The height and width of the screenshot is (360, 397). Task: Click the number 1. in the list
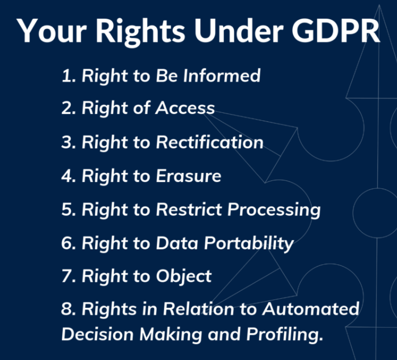click(x=69, y=75)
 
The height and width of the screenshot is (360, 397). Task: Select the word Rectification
click(x=210, y=142)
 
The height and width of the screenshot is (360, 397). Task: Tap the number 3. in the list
click(x=69, y=142)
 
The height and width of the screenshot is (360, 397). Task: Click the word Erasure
click(x=189, y=176)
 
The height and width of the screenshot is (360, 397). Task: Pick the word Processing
click(x=274, y=210)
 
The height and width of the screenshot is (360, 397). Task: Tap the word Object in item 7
click(x=184, y=277)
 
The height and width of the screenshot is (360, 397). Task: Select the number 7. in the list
click(x=69, y=277)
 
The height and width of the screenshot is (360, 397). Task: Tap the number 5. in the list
click(x=69, y=210)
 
